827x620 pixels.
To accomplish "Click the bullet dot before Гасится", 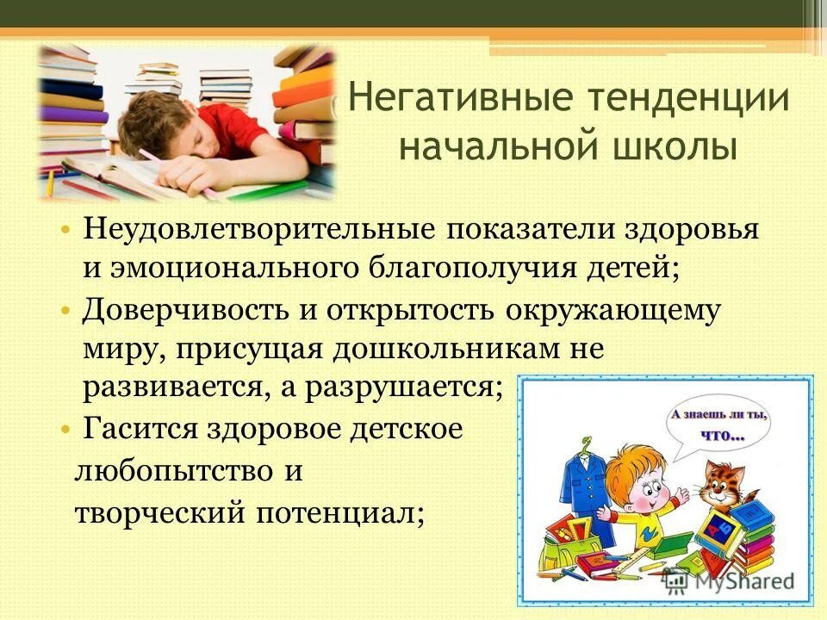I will tap(65, 428).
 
